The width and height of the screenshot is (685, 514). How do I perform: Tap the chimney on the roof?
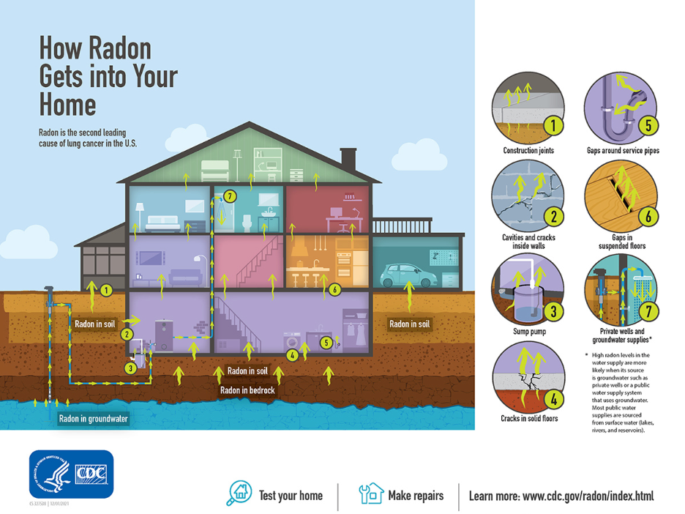348,157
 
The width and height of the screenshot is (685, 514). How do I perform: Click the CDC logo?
71,474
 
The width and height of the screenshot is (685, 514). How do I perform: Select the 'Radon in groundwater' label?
93,419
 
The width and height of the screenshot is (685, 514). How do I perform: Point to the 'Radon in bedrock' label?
247,390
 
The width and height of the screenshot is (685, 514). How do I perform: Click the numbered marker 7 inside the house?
230,195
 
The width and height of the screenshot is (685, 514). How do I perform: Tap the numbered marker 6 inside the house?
334,289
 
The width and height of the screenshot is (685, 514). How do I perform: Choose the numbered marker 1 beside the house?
106,291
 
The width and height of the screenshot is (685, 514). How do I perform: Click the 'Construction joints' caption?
528,150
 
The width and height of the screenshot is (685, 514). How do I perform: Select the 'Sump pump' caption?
528,332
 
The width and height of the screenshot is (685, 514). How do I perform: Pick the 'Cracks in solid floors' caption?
529,418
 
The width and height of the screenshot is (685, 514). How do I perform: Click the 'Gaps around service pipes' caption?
623,150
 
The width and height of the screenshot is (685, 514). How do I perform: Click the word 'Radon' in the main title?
119,48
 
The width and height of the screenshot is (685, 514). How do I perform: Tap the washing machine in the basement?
291,342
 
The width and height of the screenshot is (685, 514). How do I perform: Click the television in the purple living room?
151,258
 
